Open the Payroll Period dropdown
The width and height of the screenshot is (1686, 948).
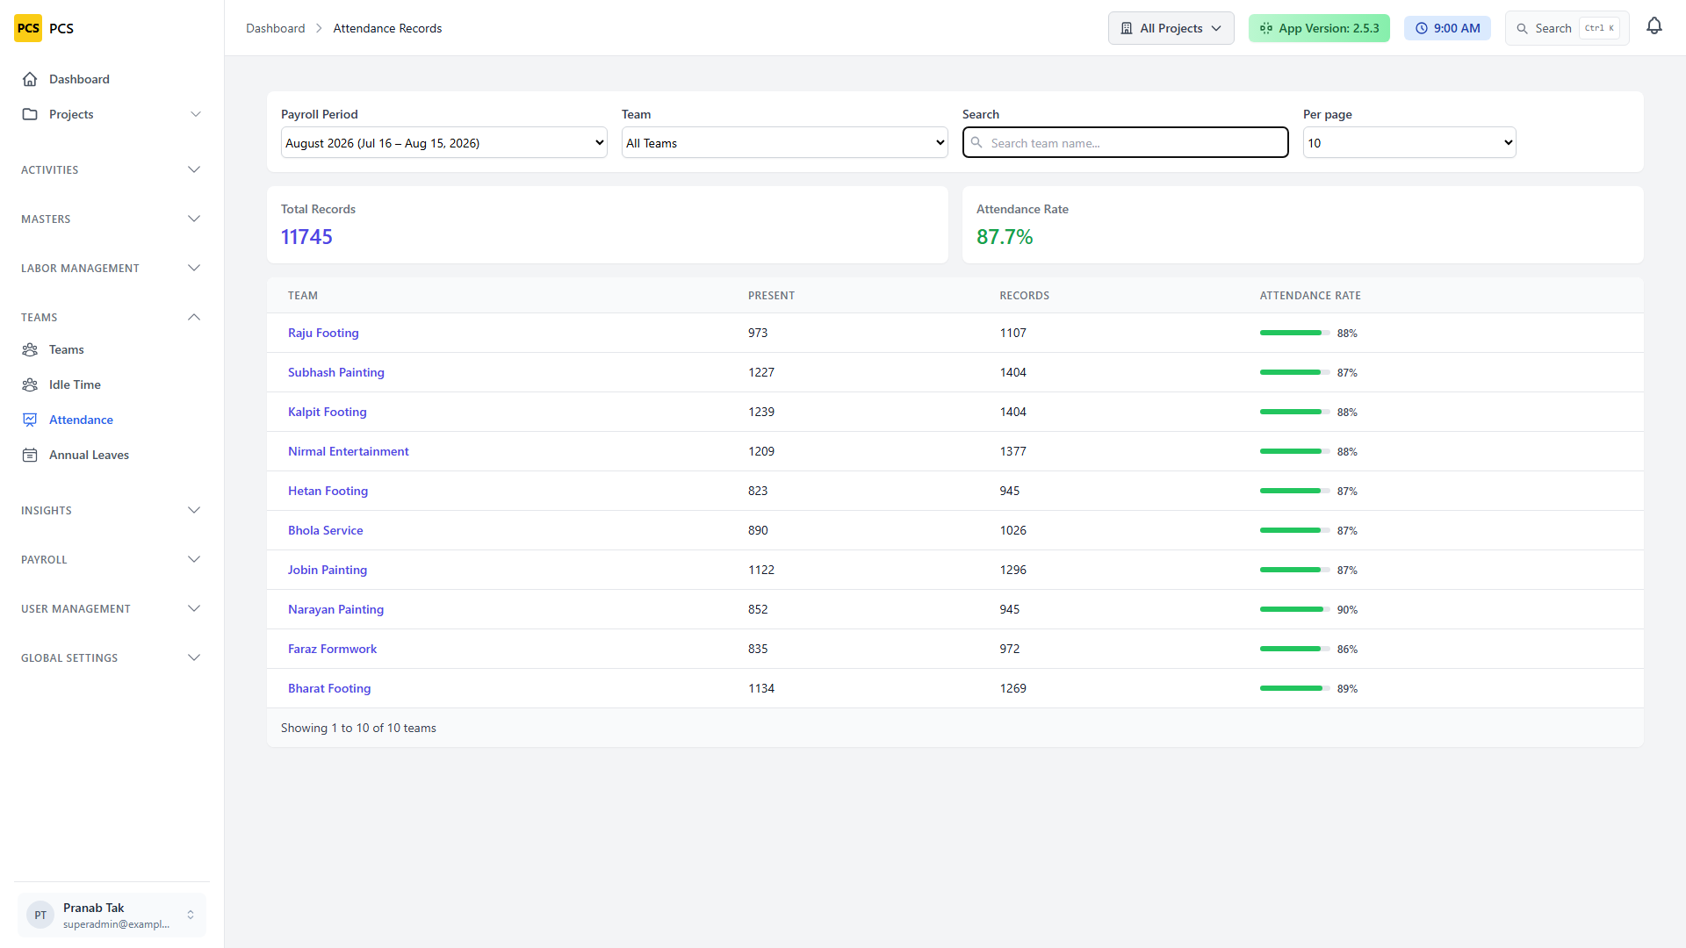click(443, 143)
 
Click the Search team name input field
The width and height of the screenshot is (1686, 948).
click(1125, 143)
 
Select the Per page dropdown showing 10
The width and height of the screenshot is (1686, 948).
click(1409, 143)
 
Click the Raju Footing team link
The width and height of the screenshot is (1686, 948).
click(323, 333)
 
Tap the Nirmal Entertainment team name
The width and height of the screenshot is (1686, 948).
click(348, 451)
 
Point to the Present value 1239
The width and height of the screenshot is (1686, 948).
click(761, 412)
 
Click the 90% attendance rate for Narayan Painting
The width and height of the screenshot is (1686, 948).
click(1347, 609)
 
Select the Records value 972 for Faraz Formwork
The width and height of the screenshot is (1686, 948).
click(1010, 649)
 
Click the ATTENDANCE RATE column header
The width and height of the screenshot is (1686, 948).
click(1310, 296)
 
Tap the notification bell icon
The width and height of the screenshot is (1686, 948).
click(1654, 26)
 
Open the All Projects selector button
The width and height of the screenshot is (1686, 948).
click(1171, 28)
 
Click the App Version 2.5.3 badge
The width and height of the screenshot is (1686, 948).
click(1319, 28)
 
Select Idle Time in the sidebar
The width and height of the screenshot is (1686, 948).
click(75, 384)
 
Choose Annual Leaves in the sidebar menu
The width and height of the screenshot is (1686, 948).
click(89, 455)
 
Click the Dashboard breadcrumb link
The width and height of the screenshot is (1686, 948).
click(275, 28)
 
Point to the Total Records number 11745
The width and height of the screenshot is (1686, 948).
click(306, 237)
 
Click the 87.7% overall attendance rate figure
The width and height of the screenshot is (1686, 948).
click(1005, 237)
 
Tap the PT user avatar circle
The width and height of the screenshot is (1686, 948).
click(40, 915)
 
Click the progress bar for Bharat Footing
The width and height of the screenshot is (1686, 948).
click(1294, 688)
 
